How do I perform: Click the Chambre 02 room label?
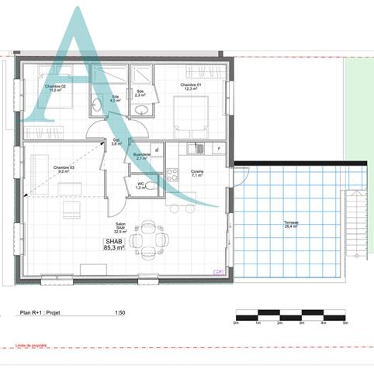point(54,88)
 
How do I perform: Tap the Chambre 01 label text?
point(191,87)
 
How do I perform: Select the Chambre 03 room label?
point(64,170)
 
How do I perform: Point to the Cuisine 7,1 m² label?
point(196,174)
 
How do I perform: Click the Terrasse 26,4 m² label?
point(292,225)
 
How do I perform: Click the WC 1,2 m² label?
point(140,186)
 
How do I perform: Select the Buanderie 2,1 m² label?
point(142,157)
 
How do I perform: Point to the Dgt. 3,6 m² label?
point(116,142)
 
